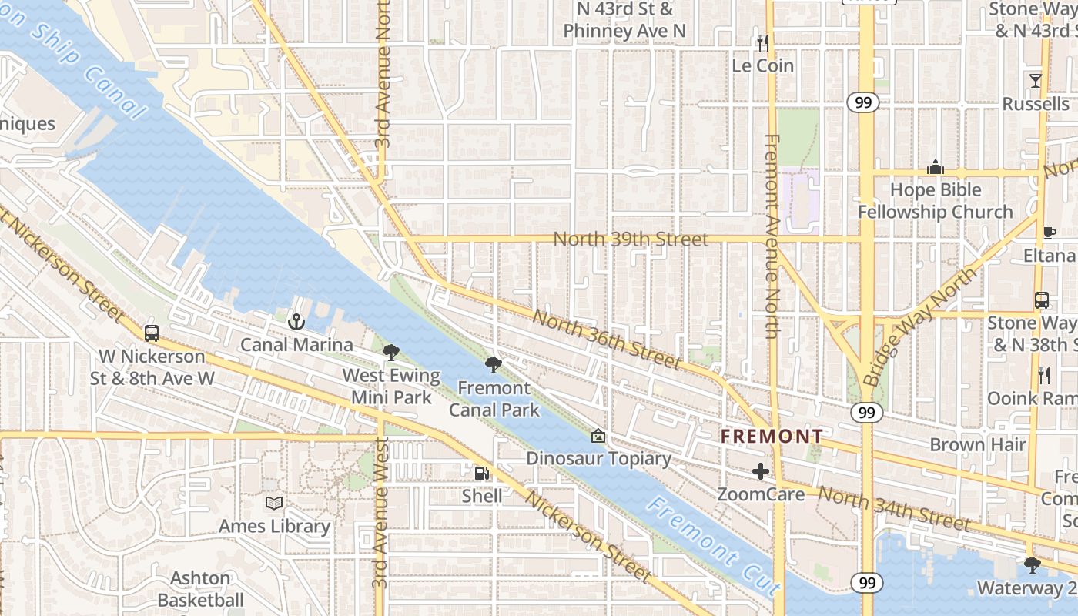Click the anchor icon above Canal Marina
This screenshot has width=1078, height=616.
[296, 322]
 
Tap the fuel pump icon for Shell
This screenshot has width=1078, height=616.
[482, 474]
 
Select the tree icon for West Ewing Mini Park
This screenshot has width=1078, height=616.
[391, 353]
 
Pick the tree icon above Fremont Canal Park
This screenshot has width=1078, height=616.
[494, 365]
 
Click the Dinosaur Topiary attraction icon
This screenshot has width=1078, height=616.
[598, 437]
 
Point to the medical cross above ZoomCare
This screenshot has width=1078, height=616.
[761, 471]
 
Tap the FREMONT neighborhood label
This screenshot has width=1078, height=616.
[772, 437]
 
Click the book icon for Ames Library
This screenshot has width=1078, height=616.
[273, 504]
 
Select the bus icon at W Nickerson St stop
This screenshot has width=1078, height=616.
[152, 333]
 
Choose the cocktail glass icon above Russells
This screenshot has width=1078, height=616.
[1036, 81]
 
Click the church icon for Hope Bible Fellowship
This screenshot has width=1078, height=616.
[936, 167]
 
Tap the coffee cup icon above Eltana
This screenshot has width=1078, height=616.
[1049, 233]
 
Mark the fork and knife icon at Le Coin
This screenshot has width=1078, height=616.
[762, 43]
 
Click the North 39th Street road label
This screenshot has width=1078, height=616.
[630, 239]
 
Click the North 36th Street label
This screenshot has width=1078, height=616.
[606, 339]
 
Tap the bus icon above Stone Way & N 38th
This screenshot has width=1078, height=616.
[1041, 300]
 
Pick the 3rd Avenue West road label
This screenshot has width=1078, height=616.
[379, 514]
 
